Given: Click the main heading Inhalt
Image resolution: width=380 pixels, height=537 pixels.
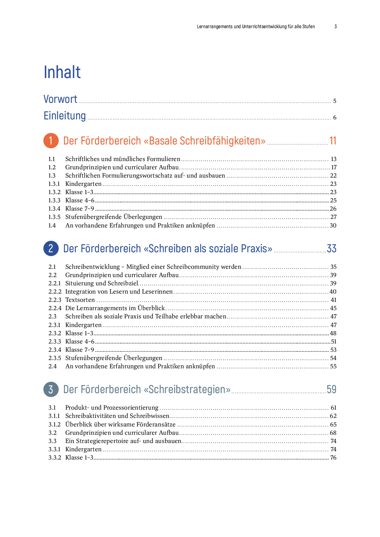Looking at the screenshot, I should (x=62, y=72).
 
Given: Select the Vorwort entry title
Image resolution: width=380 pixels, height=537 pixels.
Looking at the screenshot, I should (x=60, y=99).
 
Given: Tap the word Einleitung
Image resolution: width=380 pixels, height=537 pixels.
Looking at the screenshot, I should (x=65, y=116).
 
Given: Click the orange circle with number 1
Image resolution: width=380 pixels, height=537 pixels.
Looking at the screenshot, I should (x=51, y=141).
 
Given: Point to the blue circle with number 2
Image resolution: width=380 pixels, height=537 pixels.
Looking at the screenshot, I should (x=51, y=248).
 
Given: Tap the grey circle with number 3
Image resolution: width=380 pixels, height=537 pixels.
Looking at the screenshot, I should (x=51, y=389).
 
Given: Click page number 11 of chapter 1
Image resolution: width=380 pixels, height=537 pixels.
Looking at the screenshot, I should (x=333, y=141).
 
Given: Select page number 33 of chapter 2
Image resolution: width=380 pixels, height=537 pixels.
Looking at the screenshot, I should (x=332, y=249).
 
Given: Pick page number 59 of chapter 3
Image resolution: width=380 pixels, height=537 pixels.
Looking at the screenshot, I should (x=332, y=389).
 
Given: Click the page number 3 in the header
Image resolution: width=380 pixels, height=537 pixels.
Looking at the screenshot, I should (x=336, y=27).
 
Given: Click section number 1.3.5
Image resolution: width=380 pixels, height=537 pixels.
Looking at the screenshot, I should (x=54, y=217).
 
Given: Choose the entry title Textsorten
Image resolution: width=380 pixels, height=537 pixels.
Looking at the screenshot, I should (x=80, y=300).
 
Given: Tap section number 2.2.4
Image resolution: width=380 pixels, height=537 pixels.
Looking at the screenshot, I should (x=55, y=308).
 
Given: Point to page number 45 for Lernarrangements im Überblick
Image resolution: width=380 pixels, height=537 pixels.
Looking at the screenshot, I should (x=333, y=308).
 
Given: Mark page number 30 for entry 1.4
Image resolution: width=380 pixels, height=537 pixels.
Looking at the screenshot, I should (x=333, y=226).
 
